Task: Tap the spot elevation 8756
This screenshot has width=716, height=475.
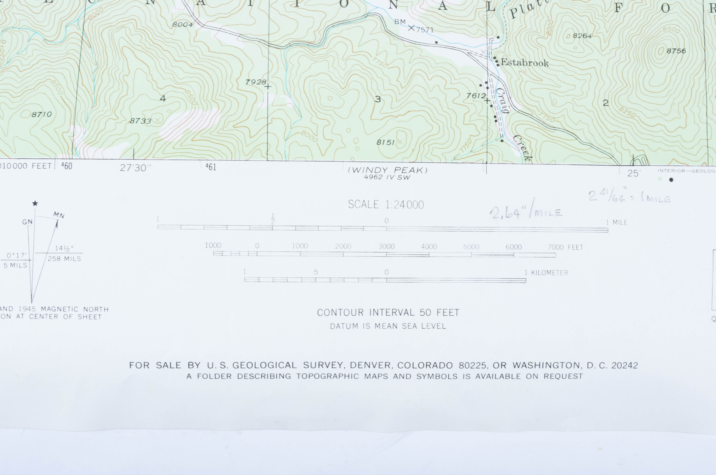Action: point(676,51)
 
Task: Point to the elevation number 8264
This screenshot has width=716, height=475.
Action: point(582,36)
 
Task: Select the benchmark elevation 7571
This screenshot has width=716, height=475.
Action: point(425,30)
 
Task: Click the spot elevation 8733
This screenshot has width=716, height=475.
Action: point(140,121)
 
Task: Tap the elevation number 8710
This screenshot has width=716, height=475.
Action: point(41,114)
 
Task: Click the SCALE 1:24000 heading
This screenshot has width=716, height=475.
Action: point(386,205)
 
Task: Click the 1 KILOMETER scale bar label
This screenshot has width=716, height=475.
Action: point(546,273)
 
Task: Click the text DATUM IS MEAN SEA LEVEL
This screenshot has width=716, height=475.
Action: point(388,326)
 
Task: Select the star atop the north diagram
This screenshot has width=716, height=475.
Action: point(35,203)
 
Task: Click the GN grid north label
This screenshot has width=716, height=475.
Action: point(27,222)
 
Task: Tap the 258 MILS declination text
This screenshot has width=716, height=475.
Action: point(64,259)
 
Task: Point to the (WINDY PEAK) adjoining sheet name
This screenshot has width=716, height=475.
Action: point(388,170)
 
